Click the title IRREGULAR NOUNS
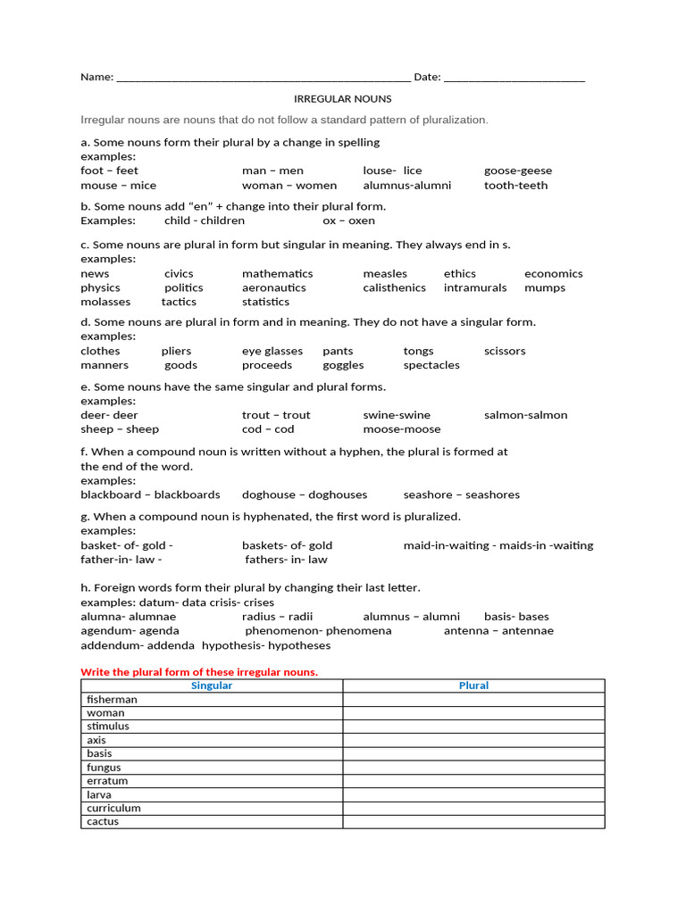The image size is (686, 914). (x=343, y=99)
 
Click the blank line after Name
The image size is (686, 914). (x=264, y=79)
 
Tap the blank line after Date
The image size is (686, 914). (x=514, y=79)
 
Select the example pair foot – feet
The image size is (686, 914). (x=109, y=170)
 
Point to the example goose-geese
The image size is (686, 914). (x=518, y=170)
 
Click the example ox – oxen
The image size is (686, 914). (x=349, y=220)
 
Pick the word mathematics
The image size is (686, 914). (x=277, y=273)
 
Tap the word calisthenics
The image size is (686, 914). (x=394, y=287)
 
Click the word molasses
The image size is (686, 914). (x=105, y=302)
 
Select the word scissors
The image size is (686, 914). (x=505, y=351)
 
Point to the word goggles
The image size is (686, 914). (x=343, y=365)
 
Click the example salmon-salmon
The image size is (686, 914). (x=525, y=415)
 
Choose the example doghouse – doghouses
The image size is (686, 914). (x=305, y=494)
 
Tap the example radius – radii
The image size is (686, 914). (x=277, y=617)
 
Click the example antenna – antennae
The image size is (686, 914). (x=498, y=631)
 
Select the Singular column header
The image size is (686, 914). (x=212, y=685)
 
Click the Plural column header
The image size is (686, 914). (x=473, y=685)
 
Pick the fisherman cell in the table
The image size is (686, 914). (x=212, y=700)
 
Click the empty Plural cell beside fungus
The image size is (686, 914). (x=473, y=768)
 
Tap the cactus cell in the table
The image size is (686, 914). (x=212, y=822)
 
